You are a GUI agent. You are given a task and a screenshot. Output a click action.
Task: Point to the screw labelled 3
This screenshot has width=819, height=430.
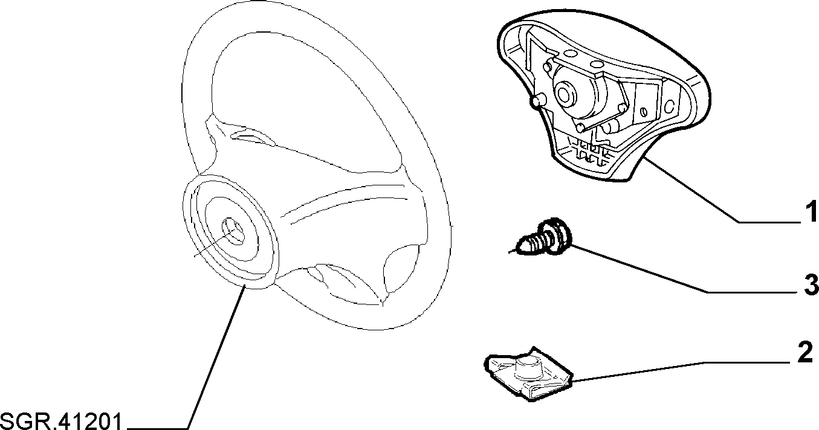click(540, 237)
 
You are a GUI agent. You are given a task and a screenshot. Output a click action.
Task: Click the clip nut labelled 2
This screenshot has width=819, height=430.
click(528, 374)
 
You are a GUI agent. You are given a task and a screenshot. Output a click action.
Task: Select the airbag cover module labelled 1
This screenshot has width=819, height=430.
click(603, 95)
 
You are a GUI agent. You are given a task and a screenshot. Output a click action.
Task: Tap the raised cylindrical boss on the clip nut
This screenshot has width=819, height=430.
click(528, 367)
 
